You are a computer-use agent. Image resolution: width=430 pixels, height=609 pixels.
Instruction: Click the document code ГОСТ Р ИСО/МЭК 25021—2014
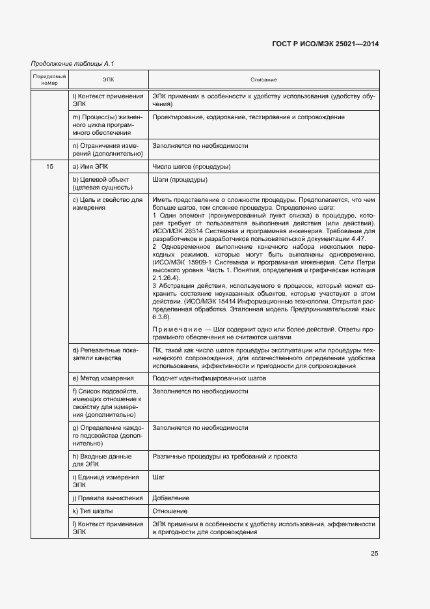[x=326, y=44]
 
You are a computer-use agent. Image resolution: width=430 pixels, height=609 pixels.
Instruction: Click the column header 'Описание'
[x=263, y=79]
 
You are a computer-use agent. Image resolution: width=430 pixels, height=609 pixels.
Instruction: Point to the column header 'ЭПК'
[x=108, y=79]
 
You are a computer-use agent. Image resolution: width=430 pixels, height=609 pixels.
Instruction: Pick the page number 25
[x=374, y=554]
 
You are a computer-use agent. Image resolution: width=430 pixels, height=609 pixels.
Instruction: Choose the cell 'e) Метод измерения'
[x=103, y=378]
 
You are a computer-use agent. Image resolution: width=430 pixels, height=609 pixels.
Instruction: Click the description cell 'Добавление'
[x=171, y=498]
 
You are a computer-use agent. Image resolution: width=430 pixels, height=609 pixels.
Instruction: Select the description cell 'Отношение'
[x=170, y=511]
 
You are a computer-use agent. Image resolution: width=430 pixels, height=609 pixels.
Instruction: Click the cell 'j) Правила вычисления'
[x=107, y=498]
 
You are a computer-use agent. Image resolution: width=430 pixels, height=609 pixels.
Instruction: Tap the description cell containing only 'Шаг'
[x=158, y=477]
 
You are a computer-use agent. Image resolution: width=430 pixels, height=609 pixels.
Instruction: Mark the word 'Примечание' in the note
[x=174, y=329]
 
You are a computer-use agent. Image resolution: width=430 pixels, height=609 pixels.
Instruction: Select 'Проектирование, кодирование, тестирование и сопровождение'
[x=248, y=117]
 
